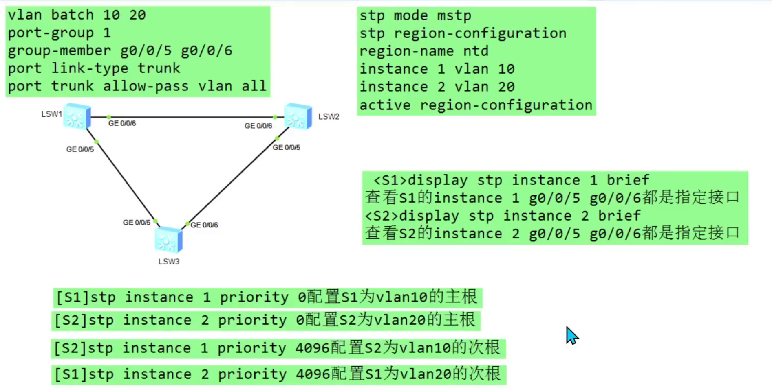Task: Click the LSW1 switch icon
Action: [77, 116]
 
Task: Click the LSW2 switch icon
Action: [298, 116]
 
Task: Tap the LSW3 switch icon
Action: [168, 240]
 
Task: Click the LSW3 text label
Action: [169, 262]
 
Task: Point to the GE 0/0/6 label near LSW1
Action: [122, 123]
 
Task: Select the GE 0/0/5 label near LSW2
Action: [286, 147]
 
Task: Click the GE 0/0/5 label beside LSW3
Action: [137, 223]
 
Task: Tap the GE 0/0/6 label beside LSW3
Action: [204, 225]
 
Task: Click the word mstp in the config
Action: [454, 16]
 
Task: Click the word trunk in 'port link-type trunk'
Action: [159, 68]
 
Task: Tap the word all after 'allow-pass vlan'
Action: [254, 86]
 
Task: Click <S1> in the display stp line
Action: [390, 180]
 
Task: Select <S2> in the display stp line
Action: [381, 216]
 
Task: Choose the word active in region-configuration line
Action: [385, 105]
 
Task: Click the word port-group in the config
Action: [51, 33]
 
